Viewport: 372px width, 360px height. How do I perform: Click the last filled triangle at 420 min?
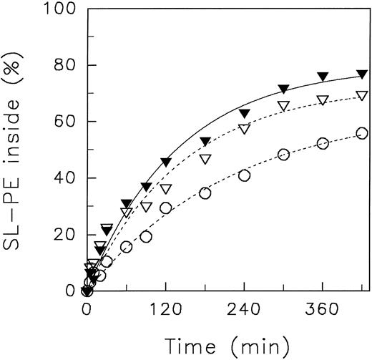[x=362, y=74]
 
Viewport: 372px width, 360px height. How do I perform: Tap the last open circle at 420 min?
[x=362, y=133]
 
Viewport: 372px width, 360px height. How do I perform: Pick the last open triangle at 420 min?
[x=362, y=96]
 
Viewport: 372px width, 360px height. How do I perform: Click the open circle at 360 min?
[x=323, y=144]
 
